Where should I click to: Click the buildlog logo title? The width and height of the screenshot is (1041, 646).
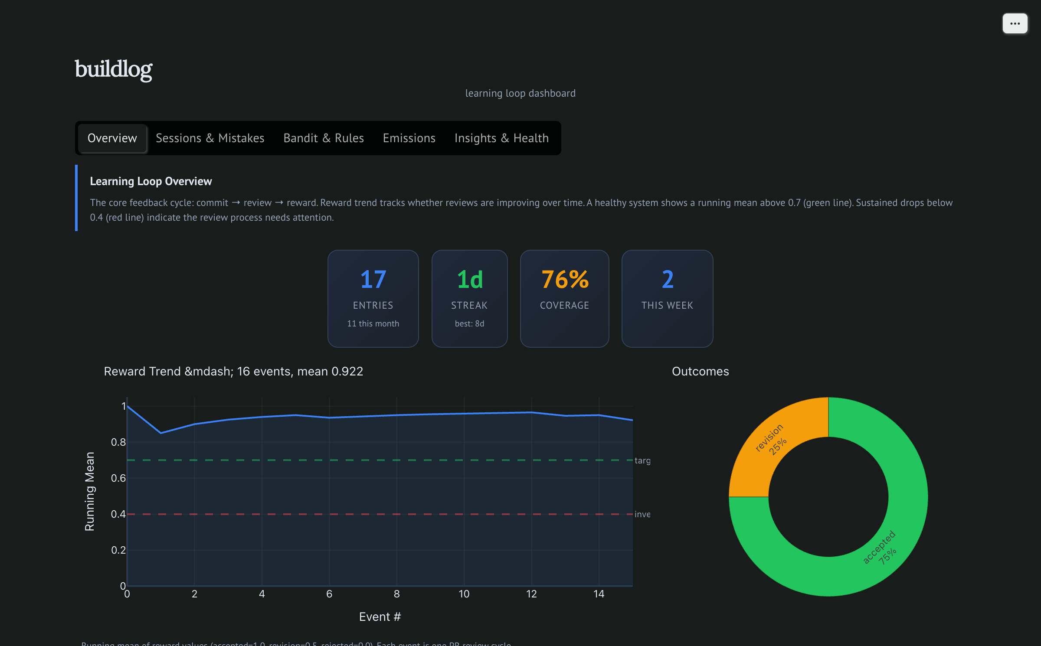pyautogui.click(x=114, y=69)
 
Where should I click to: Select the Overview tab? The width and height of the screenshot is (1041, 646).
pyautogui.click(x=112, y=138)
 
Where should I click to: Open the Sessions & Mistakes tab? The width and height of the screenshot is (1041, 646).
pyautogui.click(x=210, y=138)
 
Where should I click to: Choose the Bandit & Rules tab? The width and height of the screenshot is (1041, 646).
pyautogui.click(x=324, y=138)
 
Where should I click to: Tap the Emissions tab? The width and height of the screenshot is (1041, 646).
pyautogui.click(x=409, y=138)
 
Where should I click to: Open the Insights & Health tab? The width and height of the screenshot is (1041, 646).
pyautogui.click(x=501, y=138)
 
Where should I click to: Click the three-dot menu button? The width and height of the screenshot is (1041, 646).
pyautogui.click(x=1015, y=23)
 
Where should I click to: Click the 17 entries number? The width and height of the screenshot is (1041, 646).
pyautogui.click(x=373, y=280)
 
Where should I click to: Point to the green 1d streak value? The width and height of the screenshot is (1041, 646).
pyautogui.click(x=469, y=280)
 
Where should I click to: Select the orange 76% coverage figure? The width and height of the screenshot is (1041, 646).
pyautogui.click(x=565, y=280)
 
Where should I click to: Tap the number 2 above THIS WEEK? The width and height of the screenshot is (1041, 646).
pyautogui.click(x=668, y=280)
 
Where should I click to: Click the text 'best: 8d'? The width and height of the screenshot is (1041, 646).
pyautogui.click(x=469, y=323)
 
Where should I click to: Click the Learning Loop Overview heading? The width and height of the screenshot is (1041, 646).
pyautogui.click(x=151, y=181)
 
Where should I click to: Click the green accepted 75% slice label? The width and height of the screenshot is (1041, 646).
pyautogui.click(x=881, y=548)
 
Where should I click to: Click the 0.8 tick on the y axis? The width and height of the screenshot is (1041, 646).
pyautogui.click(x=118, y=442)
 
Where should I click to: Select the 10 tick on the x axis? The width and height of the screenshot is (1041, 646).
pyautogui.click(x=464, y=594)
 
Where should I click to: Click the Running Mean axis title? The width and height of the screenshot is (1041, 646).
pyautogui.click(x=89, y=491)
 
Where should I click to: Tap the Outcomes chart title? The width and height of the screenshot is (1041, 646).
pyautogui.click(x=700, y=371)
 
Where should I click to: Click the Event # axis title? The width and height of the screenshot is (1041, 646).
pyautogui.click(x=380, y=617)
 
